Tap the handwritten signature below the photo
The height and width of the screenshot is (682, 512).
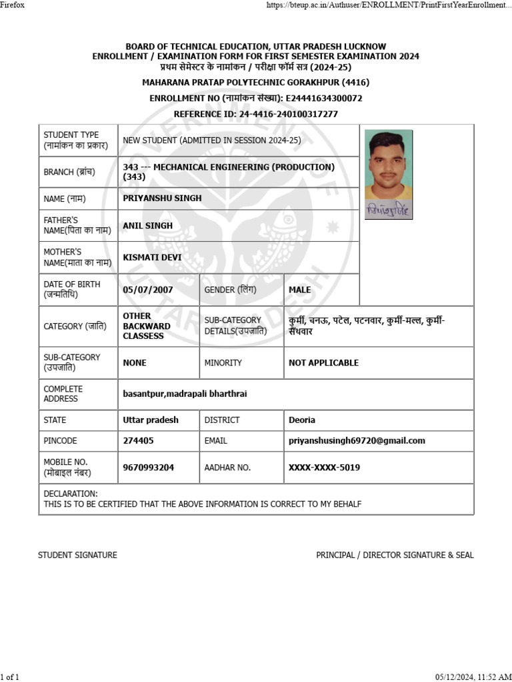[x=389, y=209]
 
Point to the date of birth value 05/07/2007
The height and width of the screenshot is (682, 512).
[x=148, y=290]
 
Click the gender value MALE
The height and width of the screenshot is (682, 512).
[x=299, y=290]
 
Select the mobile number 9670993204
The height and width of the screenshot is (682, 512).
[x=148, y=468]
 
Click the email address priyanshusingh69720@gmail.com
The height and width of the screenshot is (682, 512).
[x=357, y=440]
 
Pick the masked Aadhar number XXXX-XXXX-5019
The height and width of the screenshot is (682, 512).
[x=324, y=468]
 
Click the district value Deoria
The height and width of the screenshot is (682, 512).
[x=302, y=420]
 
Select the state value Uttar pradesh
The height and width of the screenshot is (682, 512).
[x=151, y=420]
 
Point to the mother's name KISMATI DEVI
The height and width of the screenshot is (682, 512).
[x=152, y=257]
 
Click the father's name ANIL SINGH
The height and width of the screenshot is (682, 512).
[x=147, y=225]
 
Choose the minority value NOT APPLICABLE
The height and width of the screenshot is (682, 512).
[x=323, y=363]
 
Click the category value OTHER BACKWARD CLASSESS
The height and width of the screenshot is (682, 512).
[x=146, y=326]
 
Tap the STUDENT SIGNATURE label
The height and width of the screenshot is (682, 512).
[x=77, y=555]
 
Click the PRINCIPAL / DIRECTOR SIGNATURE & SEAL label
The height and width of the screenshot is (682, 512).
[x=395, y=555]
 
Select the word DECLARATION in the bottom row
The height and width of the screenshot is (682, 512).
[x=70, y=494]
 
